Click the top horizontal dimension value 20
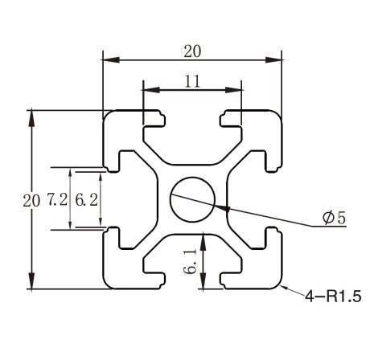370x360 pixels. pyautogui.click(x=192, y=51)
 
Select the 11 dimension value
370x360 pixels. pyautogui.click(x=192, y=81)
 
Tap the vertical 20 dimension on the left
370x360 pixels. pyautogui.click(x=31, y=201)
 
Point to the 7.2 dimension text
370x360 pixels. pyautogui.click(x=57, y=199)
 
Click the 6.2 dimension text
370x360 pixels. pyautogui.click(x=86, y=200)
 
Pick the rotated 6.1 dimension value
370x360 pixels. pyautogui.click(x=190, y=262)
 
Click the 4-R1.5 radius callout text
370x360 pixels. pyautogui.click(x=333, y=297)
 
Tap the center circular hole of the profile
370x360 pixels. pyautogui.click(x=192, y=199)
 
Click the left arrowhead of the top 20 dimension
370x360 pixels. pyautogui.click(x=111, y=59)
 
